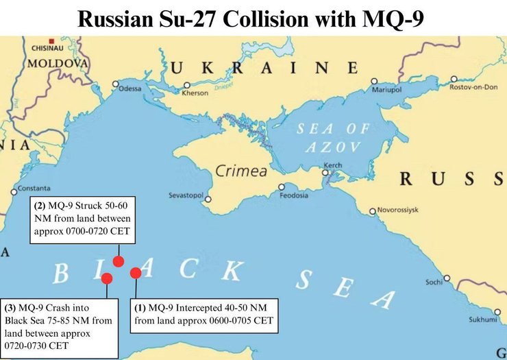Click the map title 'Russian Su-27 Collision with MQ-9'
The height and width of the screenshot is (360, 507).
pyautogui.click(x=253, y=18)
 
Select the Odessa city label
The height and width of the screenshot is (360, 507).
pyautogui.click(x=129, y=89)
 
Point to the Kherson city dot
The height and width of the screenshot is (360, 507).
pyautogui.click(x=186, y=86)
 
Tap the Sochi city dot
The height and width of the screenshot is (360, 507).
pyautogui.click(x=447, y=278)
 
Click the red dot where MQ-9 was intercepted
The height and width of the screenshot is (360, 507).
pyautogui.click(x=136, y=273)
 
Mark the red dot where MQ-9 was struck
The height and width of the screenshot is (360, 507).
pyautogui.click(x=119, y=261)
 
